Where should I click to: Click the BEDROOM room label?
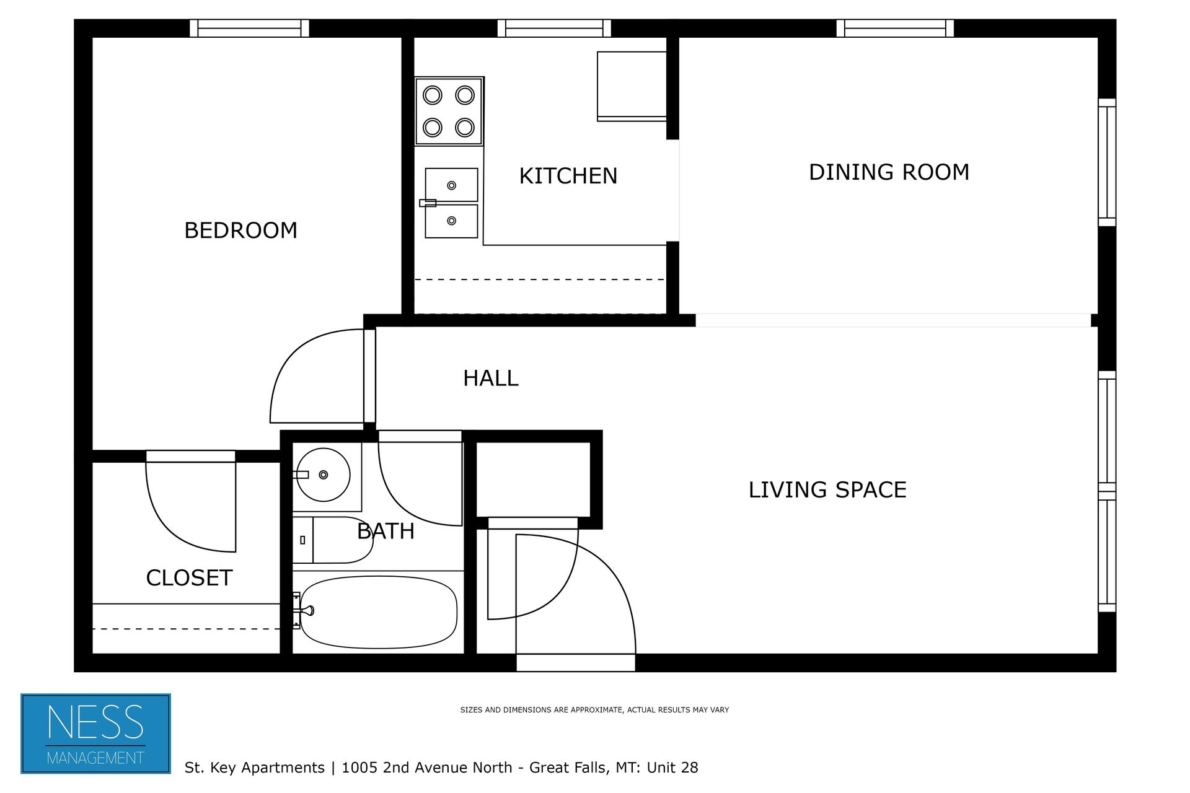[x=240, y=230]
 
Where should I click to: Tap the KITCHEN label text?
[x=568, y=176]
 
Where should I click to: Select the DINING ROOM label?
[x=889, y=172]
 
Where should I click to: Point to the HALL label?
[x=490, y=378]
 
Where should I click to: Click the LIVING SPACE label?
[x=827, y=490]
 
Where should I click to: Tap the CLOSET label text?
[x=189, y=578]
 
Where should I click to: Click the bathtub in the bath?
[x=378, y=612]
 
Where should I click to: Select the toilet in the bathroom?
[x=335, y=540]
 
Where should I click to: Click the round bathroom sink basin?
[x=323, y=475]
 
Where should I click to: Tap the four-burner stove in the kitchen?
[x=449, y=112]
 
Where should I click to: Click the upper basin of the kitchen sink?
[x=451, y=185]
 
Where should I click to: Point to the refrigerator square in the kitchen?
[x=631, y=85]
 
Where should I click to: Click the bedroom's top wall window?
[x=249, y=28]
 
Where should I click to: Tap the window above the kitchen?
[x=553, y=28]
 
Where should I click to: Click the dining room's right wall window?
[x=1106, y=162]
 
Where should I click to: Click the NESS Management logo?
[x=95, y=734]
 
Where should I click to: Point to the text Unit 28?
[x=672, y=768]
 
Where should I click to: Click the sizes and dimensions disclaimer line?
[x=594, y=710]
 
